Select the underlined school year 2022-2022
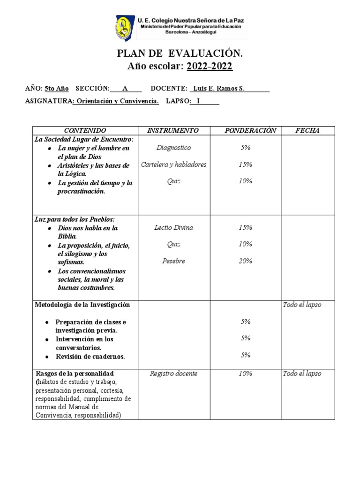point(209,66)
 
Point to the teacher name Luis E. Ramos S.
point(219,89)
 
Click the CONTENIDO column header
point(85,130)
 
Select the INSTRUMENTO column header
point(173,130)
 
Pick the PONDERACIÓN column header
point(245,130)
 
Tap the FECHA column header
point(307,130)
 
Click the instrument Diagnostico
point(173,148)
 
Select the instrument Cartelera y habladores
point(173,165)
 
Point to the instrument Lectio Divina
point(173,228)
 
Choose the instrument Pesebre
point(173,261)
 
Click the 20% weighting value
point(245,261)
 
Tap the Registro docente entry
point(173,374)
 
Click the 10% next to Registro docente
point(245,374)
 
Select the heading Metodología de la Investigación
point(82,305)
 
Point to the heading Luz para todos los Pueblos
point(75,219)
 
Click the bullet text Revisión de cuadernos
point(90,357)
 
